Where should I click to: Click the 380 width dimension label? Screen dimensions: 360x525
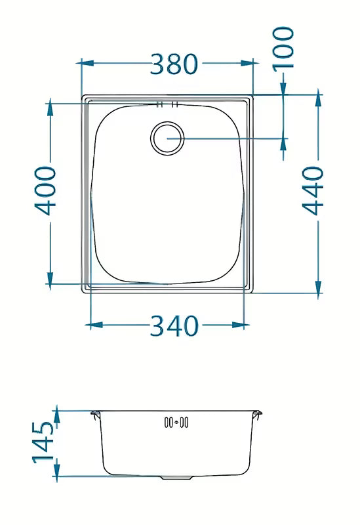174,64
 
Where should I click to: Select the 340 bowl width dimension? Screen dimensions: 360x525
174,325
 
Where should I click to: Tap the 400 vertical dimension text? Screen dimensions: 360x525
45,190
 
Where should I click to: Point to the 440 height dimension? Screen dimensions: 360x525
313,190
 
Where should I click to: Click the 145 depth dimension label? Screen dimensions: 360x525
43,442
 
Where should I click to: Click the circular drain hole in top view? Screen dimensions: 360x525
167,138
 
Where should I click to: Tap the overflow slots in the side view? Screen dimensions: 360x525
176,422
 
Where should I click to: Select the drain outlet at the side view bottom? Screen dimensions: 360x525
176,477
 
